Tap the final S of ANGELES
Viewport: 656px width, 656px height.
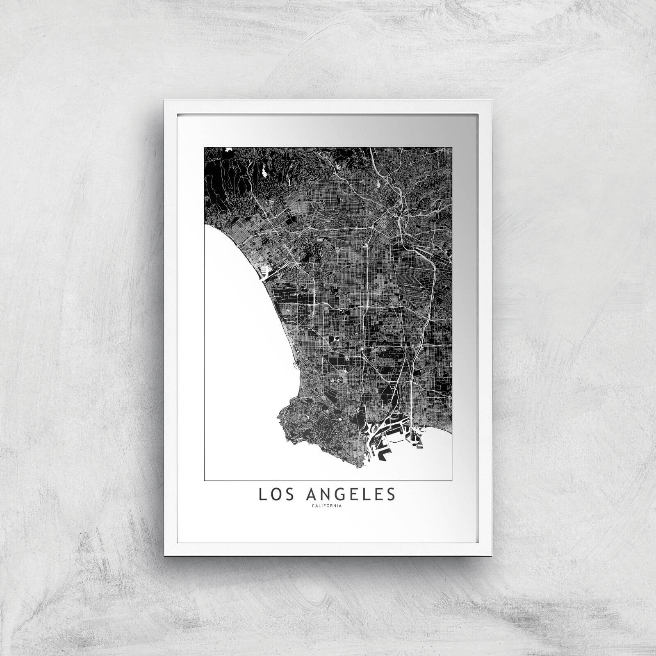click(392, 494)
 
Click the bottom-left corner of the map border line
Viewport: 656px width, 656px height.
click(204, 480)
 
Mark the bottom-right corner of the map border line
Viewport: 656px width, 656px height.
click(452, 480)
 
